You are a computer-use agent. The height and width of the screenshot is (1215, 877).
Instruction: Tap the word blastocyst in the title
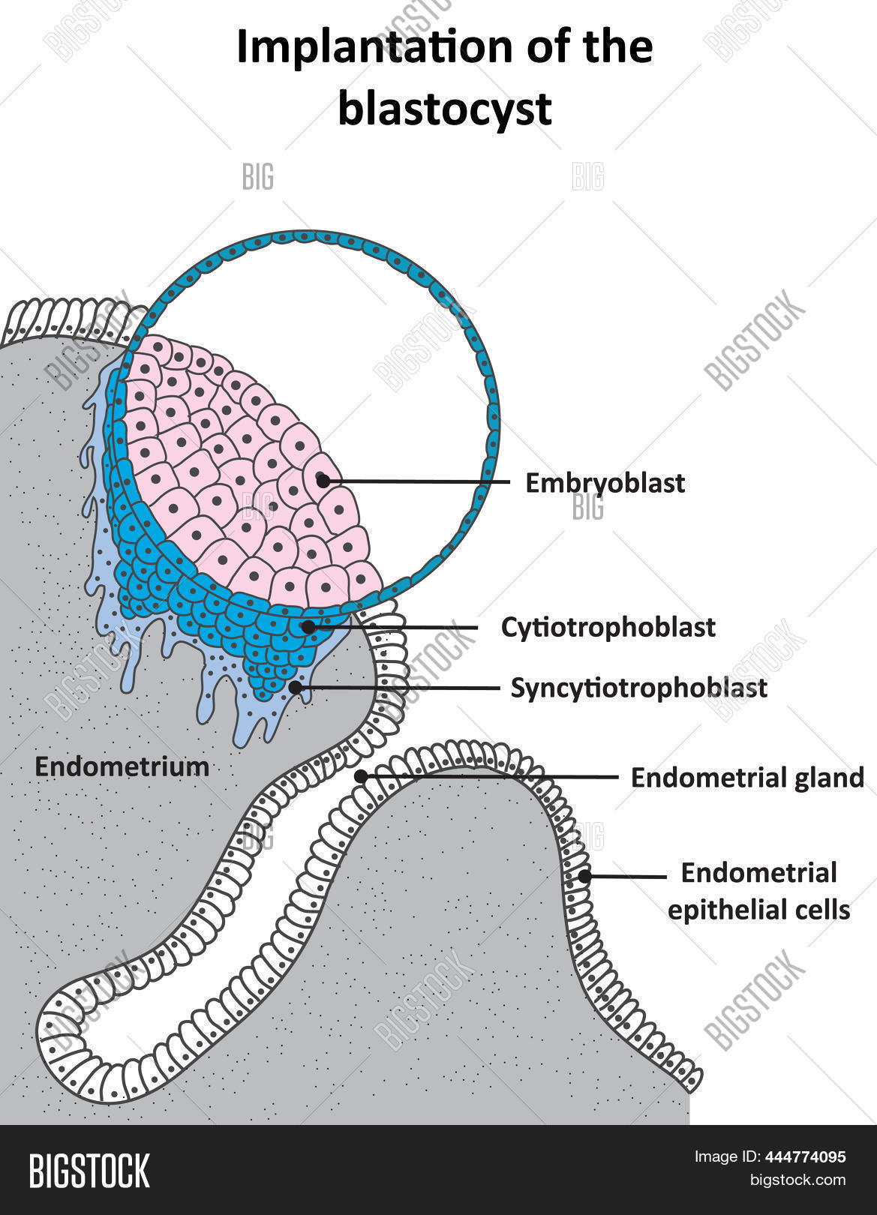click(x=445, y=109)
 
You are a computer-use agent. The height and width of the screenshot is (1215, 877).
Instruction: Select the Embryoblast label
click(x=605, y=484)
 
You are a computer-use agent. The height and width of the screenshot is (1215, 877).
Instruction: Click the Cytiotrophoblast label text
click(x=608, y=628)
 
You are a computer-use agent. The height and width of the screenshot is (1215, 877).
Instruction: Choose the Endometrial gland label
click(x=747, y=778)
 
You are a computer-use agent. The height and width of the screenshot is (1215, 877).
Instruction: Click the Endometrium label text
click(x=122, y=767)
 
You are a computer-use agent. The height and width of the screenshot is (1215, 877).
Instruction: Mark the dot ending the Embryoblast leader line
click(x=323, y=481)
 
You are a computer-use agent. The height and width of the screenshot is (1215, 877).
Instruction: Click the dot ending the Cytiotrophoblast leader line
click(x=308, y=627)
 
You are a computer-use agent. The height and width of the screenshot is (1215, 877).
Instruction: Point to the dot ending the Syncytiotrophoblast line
click(x=296, y=688)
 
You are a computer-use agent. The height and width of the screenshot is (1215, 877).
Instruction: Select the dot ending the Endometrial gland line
click(x=361, y=777)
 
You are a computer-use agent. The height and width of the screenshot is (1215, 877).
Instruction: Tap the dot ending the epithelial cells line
click(x=584, y=876)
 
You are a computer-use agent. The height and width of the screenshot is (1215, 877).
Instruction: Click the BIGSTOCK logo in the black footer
click(x=89, y=1171)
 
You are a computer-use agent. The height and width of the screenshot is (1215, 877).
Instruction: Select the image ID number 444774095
click(x=806, y=1157)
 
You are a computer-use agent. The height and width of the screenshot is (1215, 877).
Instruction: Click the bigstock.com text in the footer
click(x=797, y=1180)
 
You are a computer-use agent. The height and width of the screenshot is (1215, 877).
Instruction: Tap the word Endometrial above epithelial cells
click(x=758, y=873)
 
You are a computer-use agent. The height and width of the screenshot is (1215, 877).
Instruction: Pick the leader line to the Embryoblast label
click(x=416, y=481)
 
